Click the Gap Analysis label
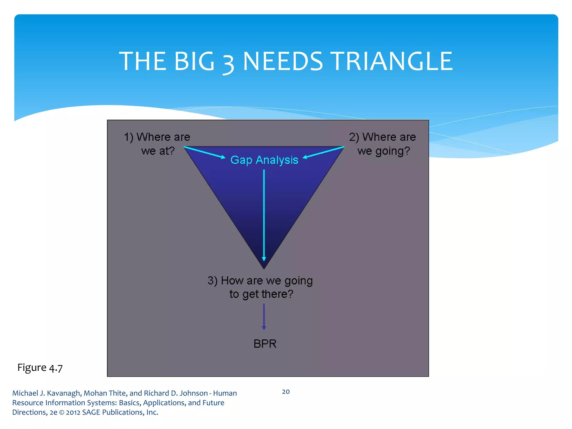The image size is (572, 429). (x=264, y=160)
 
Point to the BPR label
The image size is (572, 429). (x=265, y=344)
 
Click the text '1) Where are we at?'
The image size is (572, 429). (x=157, y=144)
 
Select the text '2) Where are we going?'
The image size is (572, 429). (x=383, y=144)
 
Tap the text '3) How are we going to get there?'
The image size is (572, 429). (x=260, y=287)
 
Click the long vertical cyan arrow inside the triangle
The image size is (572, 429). (x=264, y=215)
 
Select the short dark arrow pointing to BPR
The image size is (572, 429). (x=264, y=317)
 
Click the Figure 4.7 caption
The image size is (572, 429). (x=40, y=368)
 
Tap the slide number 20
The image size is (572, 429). (x=286, y=392)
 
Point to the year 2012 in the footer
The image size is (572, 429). (x=73, y=412)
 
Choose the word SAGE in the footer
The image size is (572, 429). (x=91, y=412)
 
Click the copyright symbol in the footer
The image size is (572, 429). (x=61, y=413)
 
